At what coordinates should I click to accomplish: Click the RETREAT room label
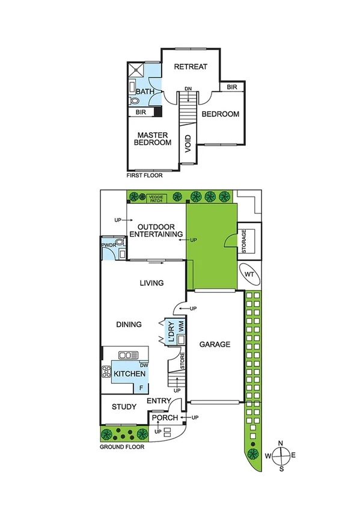coord(191,67)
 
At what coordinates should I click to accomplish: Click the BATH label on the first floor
coord(145,92)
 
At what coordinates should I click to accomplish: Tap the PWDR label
coord(108,245)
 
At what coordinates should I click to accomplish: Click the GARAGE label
coord(215,345)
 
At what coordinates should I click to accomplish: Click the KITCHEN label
coord(129,374)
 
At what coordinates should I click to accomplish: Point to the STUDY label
coord(124,407)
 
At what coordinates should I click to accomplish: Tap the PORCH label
coord(164,418)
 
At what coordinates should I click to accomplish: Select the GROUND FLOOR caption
coord(123,447)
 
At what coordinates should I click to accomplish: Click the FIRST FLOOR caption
coord(144,176)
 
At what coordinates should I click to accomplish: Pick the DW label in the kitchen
coord(144,364)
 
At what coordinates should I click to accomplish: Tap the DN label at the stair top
coord(188,88)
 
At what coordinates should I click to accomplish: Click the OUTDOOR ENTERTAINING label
coord(156,230)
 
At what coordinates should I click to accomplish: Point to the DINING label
coord(129,324)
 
